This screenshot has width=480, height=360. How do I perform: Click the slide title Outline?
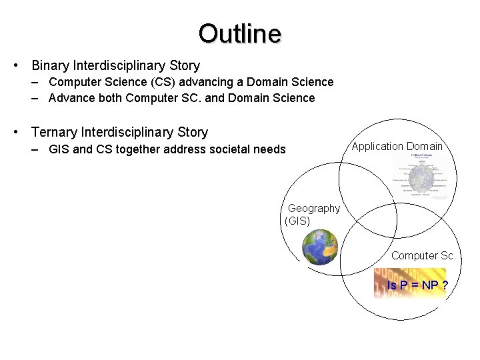point(239,33)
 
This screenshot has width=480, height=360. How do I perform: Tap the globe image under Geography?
point(320,247)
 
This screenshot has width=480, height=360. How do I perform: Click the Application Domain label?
point(397,146)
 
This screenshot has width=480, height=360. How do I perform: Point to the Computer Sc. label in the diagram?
point(423,255)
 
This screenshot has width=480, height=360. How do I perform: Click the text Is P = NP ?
point(417,285)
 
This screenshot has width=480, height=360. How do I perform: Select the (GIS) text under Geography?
point(297,221)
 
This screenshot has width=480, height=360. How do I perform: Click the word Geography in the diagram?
point(313,209)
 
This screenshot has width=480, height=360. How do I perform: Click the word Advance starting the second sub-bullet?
point(71,98)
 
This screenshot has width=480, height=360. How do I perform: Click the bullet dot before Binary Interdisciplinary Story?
point(15,66)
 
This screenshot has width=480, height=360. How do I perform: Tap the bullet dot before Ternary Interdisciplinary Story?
point(15,133)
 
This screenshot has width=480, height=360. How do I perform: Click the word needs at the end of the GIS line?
point(269,149)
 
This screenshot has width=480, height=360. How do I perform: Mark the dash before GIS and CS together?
point(34,149)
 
